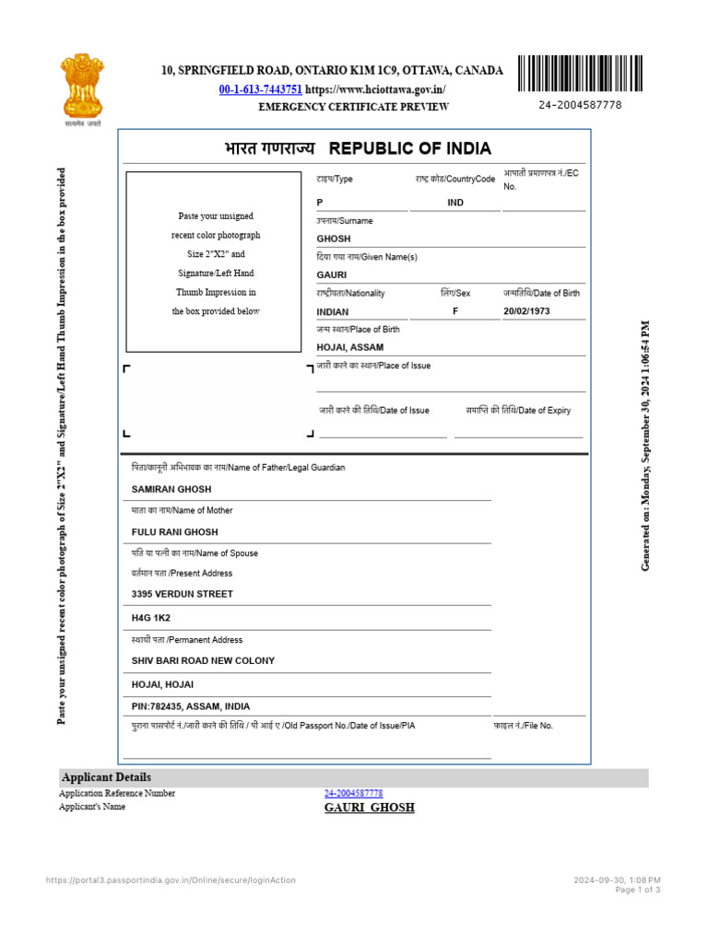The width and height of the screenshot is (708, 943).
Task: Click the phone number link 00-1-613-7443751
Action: pyautogui.click(x=260, y=89)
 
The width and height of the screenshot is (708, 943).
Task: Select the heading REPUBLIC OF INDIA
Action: pyautogui.click(x=410, y=149)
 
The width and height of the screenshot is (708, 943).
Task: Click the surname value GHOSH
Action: pyautogui.click(x=334, y=239)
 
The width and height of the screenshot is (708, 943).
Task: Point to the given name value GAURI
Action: pyautogui.click(x=331, y=275)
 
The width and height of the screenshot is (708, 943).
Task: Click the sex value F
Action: pyautogui.click(x=455, y=311)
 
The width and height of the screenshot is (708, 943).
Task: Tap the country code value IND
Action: pyautogui.click(x=455, y=203)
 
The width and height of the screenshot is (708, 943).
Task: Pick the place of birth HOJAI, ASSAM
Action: pyautogui.click(x=349, y=347)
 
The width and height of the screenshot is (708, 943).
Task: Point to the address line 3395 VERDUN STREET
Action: pyautogui.click(x=183, y=594)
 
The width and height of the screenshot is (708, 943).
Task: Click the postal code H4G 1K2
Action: pyautogui.click(x=151, y=617)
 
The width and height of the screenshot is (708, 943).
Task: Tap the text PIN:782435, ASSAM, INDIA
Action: pyautogui.click(x=191, y=706)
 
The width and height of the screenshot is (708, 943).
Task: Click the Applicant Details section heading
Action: pyautogui.click(x=106, y=777)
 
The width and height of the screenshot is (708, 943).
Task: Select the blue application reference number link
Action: pyautogui.click(x=353, y=793)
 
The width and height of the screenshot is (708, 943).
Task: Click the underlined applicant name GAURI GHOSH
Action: pyautogui.click(x=369, y=808)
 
